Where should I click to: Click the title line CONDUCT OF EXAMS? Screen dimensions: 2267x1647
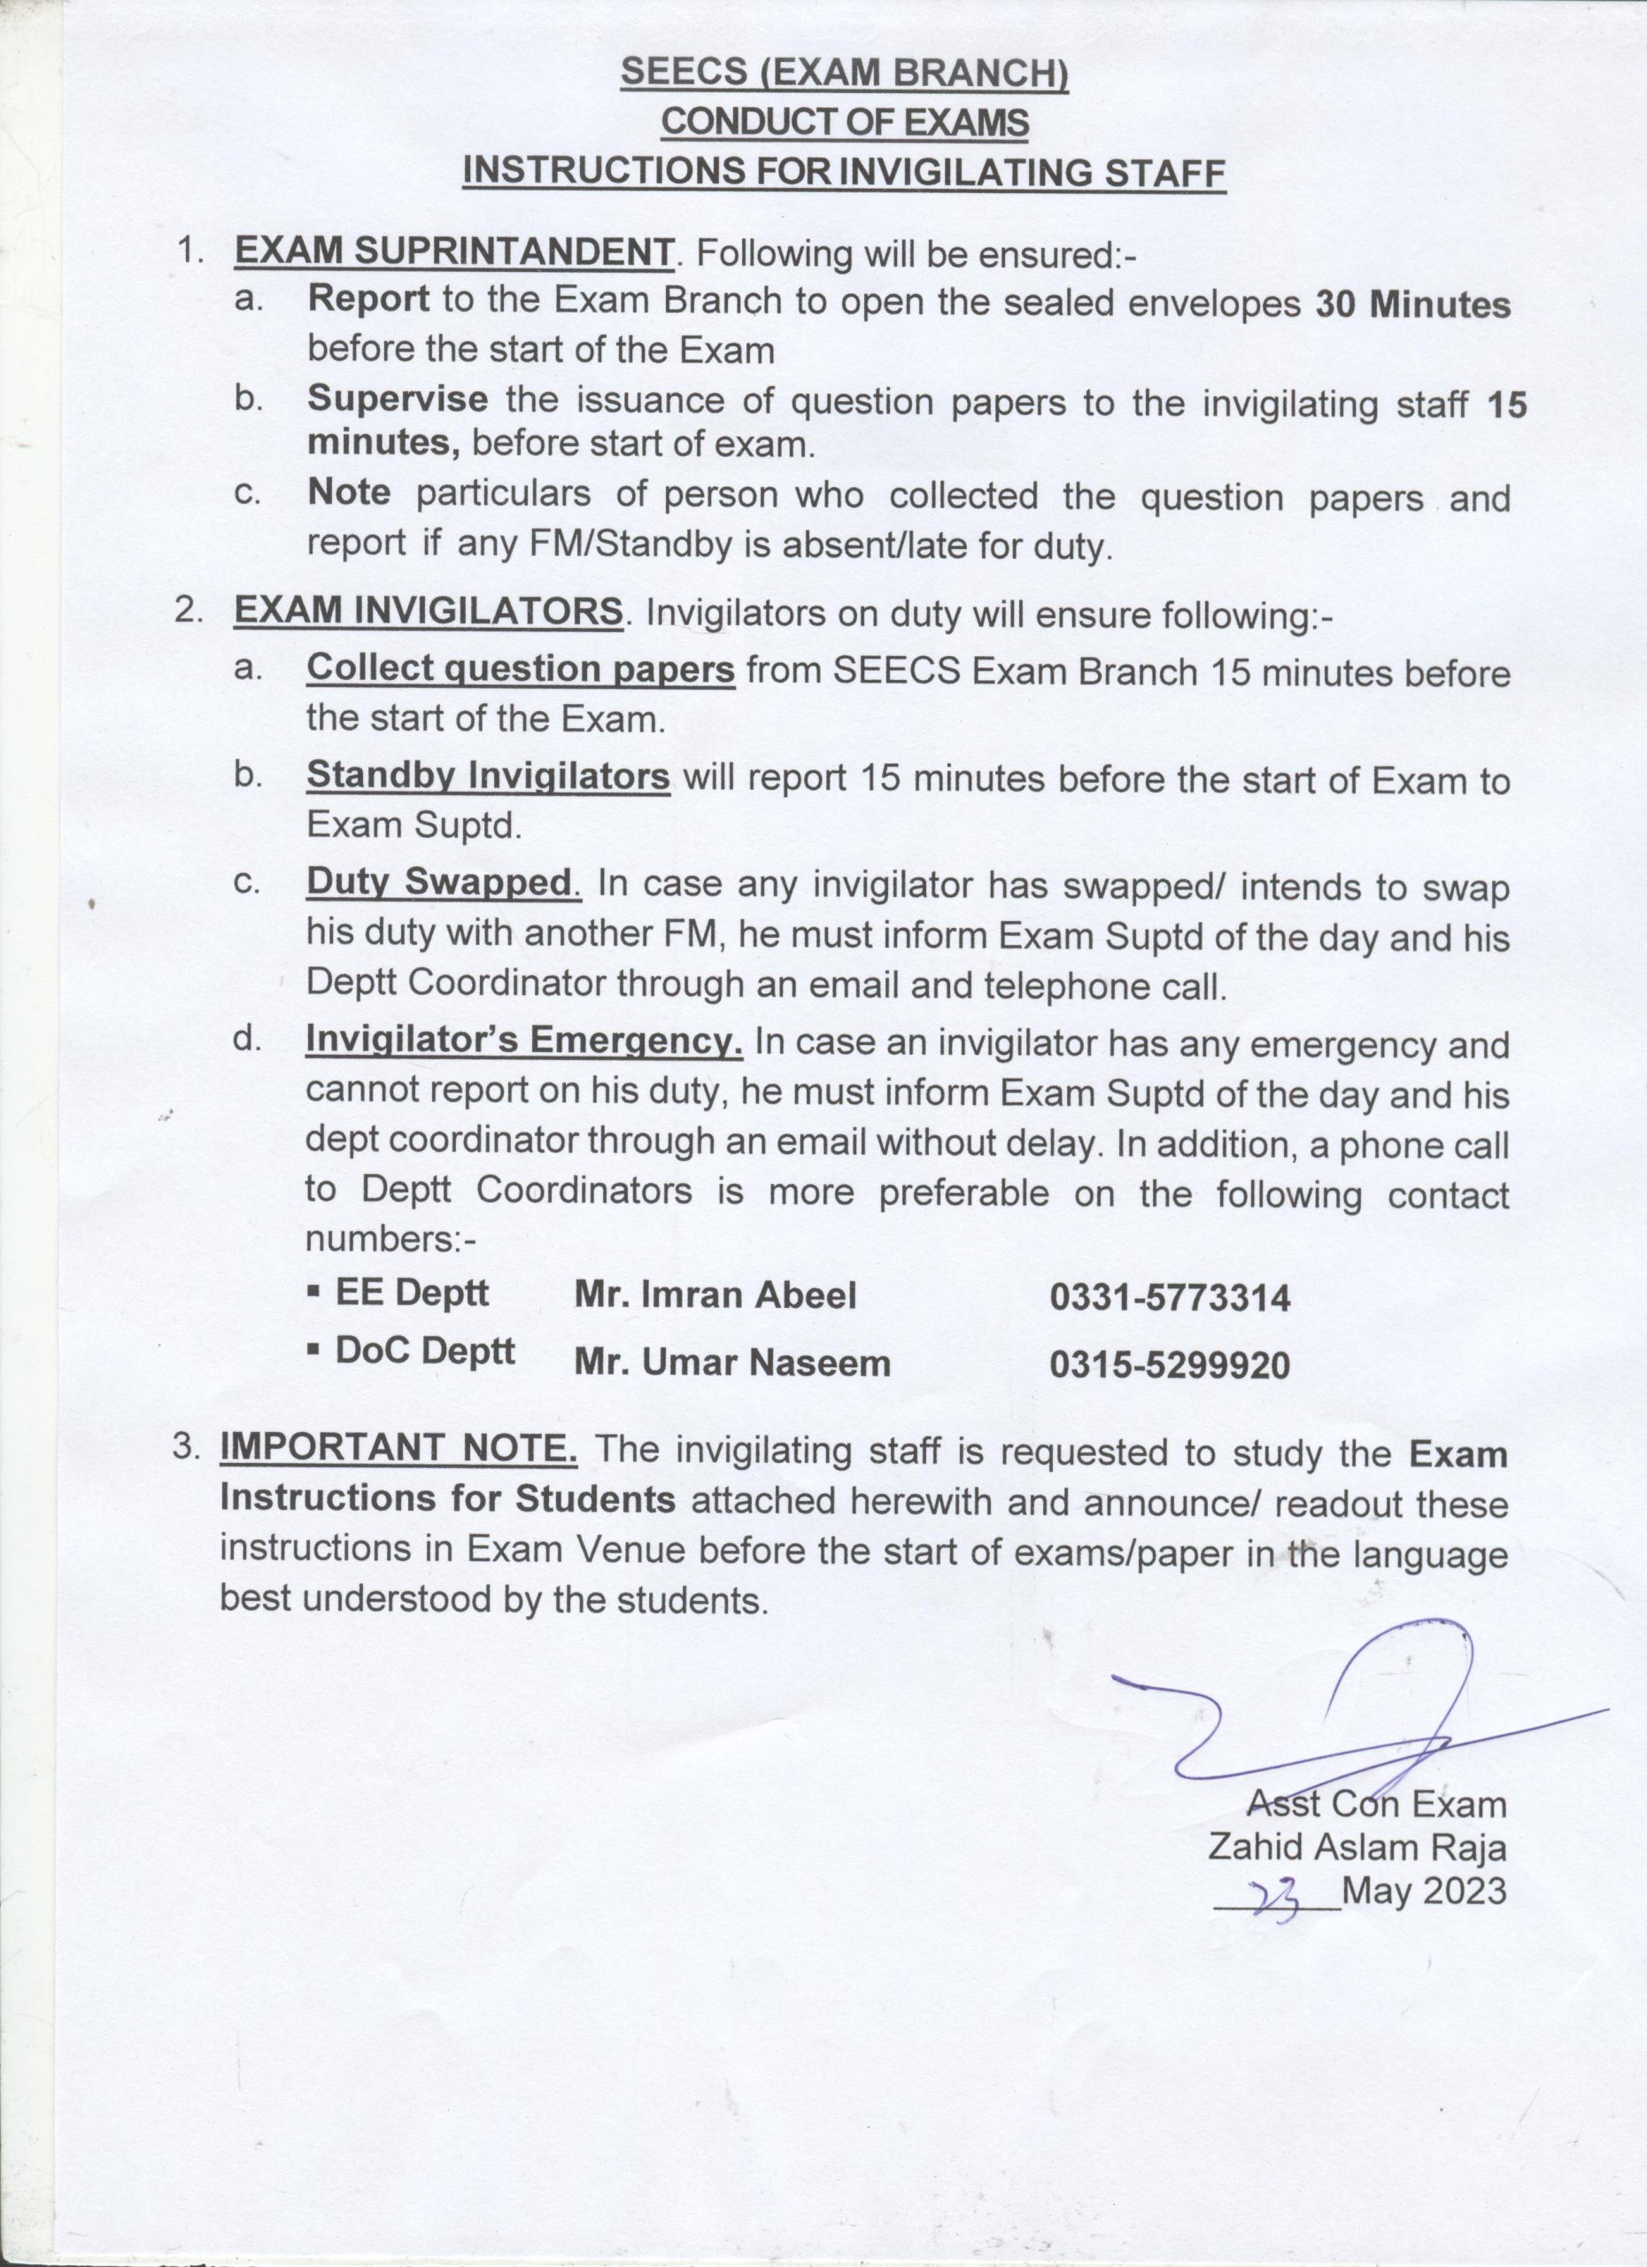[x=844, y=122]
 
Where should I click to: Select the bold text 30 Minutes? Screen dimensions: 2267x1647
[x=1411, y=304]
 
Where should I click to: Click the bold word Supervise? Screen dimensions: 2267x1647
[x=397, y=398]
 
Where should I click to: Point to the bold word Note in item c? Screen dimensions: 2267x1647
[x=348, y=494]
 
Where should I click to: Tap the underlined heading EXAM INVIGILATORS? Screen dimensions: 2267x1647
[x=429, y=611]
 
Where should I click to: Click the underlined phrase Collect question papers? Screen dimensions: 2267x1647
[x=521, y=669]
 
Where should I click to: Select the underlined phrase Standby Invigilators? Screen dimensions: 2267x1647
[x=488, y=776]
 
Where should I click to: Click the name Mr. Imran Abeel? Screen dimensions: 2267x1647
[x=715, y=1296]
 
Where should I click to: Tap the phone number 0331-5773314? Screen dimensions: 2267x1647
[x=1170, y=1297]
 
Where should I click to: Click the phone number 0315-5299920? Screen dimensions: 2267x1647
[x=1170, y=1365]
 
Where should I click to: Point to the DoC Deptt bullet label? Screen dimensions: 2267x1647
[x=424, y=1351]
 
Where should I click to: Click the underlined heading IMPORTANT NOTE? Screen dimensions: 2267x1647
[x=398, y=1450]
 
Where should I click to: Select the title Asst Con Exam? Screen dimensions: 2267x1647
[x=1375, y=1802]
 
